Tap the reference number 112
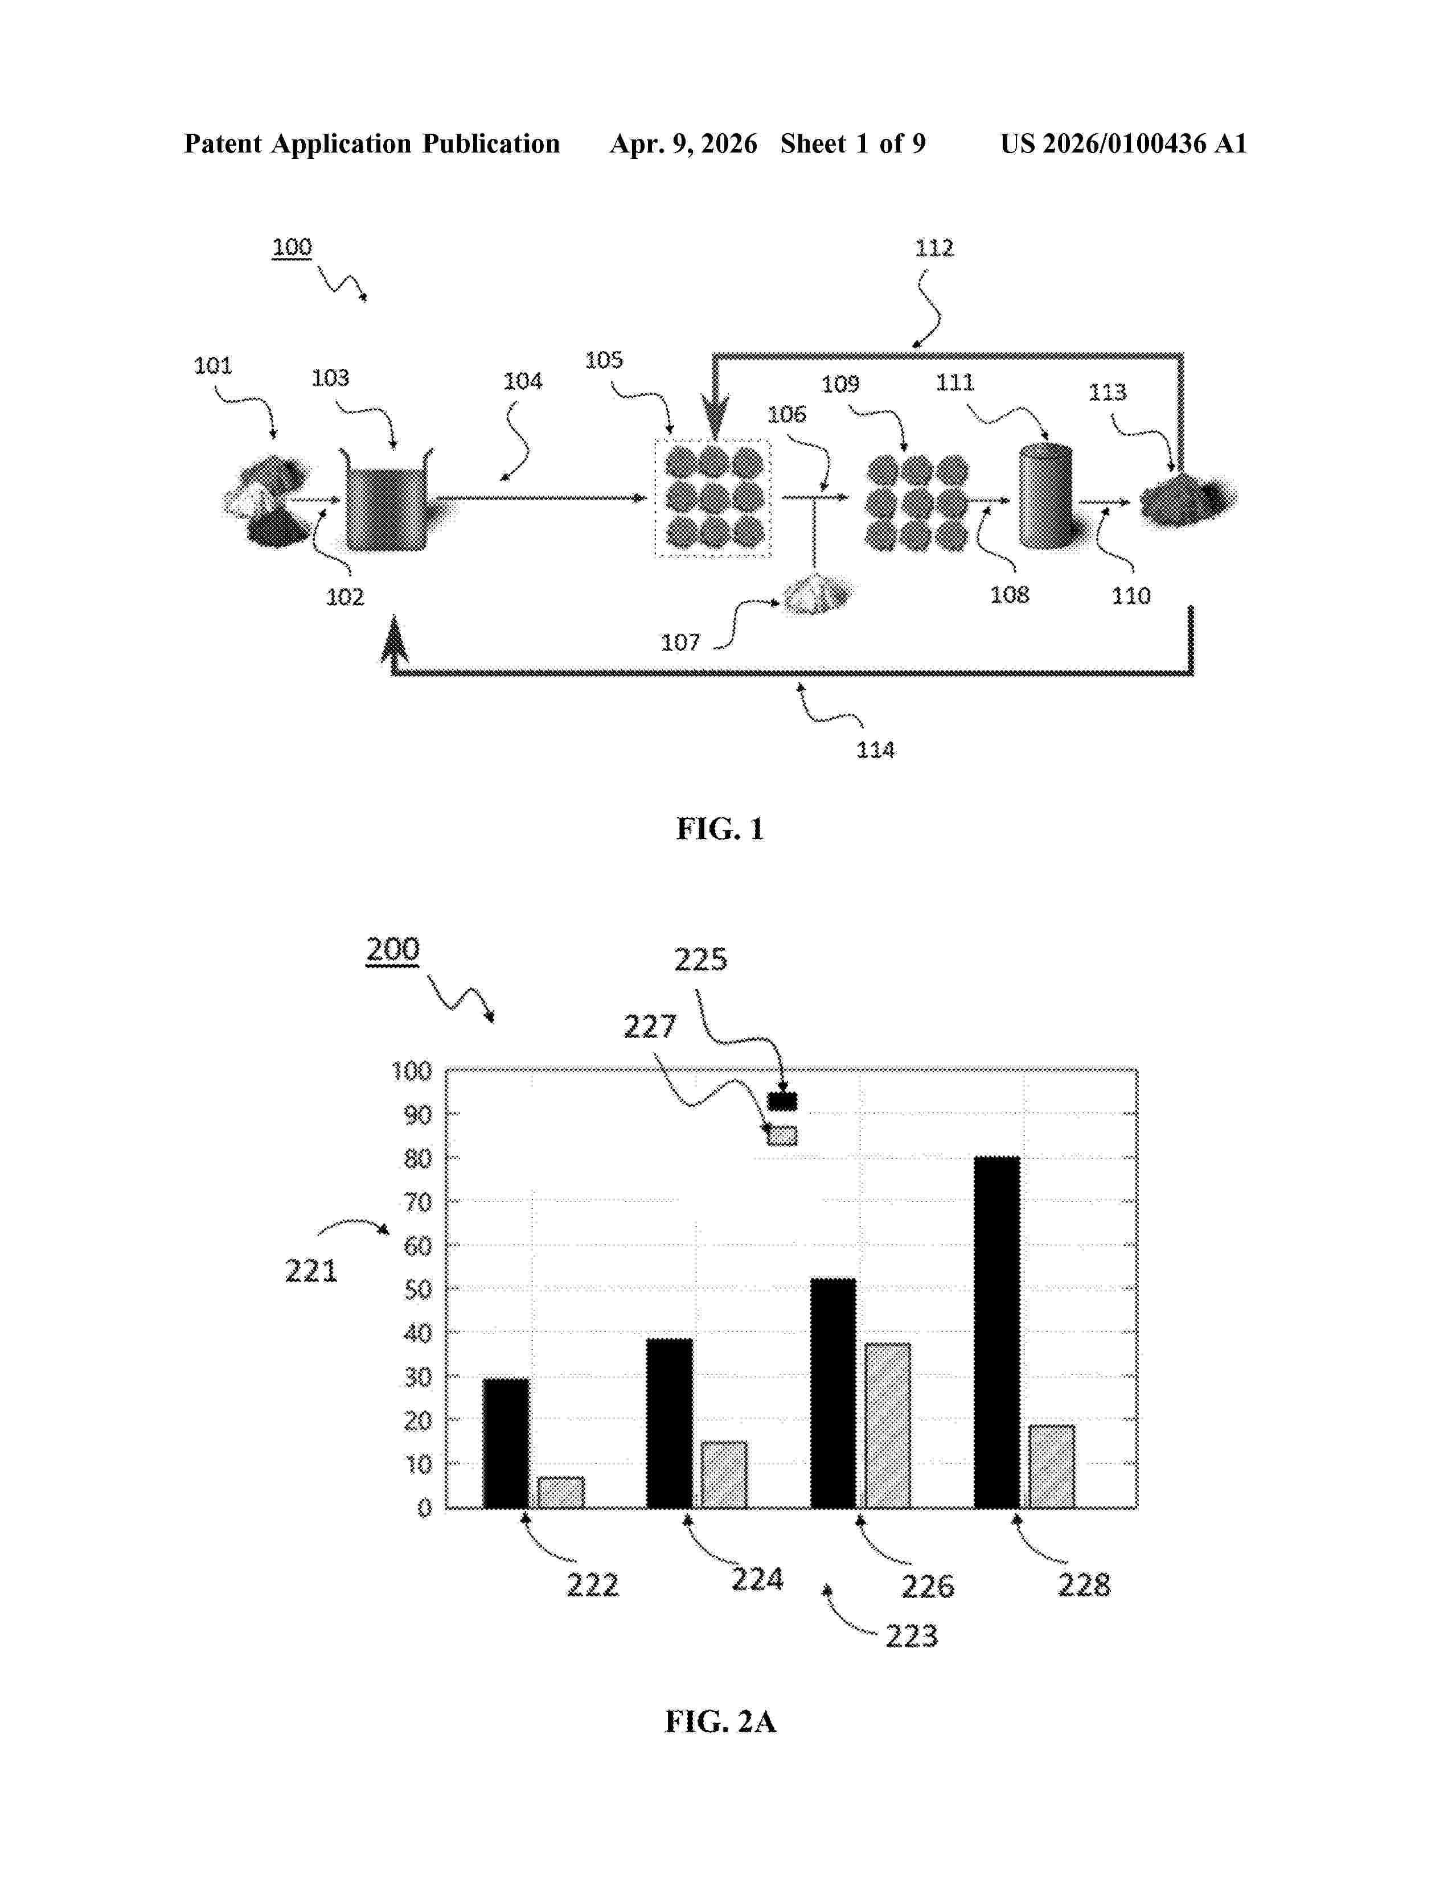(934, 249)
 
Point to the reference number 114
(876, 751)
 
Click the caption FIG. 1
(720, 829)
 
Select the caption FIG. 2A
(720, 1721)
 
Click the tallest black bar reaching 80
(997, 1332)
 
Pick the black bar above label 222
(506, 1444)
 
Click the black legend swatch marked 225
(782, 1102)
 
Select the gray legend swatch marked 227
(782, 1136)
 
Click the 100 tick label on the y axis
(412, 1072)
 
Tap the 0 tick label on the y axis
(424, 1508)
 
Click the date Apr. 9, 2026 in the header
(684, 143)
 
